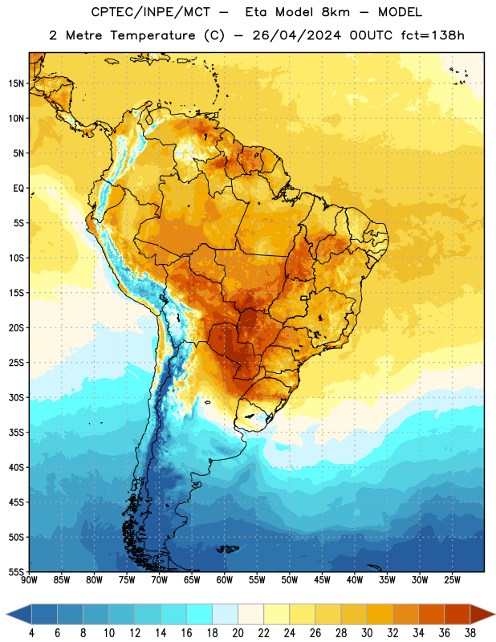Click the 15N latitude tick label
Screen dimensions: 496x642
pyautogui.click(x=16, y=83)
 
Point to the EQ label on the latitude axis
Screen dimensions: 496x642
pyautogui.click(x=18, y=189)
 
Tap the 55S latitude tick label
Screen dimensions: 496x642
pyautogui.click(x=16, y=571)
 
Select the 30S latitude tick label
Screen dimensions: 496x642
pyautogui.click(x=16, y=397)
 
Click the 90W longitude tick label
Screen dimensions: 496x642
pyautogui.click(x=29, y=580)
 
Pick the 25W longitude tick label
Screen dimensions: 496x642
pyautogui.click(x=452, y=580)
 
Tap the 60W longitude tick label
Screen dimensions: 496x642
pyautogui.click(x=225, y=580)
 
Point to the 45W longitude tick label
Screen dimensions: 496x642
pyautogui.click(x=322, y=580)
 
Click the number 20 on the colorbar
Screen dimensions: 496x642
pyautogui.click(x=238, y=633)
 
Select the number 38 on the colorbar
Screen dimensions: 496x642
pyautogui.click(x=470, y=633)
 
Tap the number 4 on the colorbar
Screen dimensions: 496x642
pyautogui.click(x=31, y=633)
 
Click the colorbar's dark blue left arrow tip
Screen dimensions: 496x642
pyautogui.click(x=6, y=615)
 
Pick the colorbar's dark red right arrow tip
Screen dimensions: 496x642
pyautogui.click(x=494, y=615)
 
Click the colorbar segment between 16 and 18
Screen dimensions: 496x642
pyautogui.click(x=200, y=615)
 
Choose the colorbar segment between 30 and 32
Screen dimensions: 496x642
pyautogui.click(x=380, y=615)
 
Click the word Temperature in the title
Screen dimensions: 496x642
pyautogui.click(x=152, y=35)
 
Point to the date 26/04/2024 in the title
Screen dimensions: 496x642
pyautogui.click(x=296, y=35)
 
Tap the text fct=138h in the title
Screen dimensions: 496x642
pyautogui.click(x=433, y=35)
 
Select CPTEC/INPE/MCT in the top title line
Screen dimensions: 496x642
pyautogui.click(x=150, y=12)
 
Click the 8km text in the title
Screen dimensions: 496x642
pyautogui.click(x=335, y=12)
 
